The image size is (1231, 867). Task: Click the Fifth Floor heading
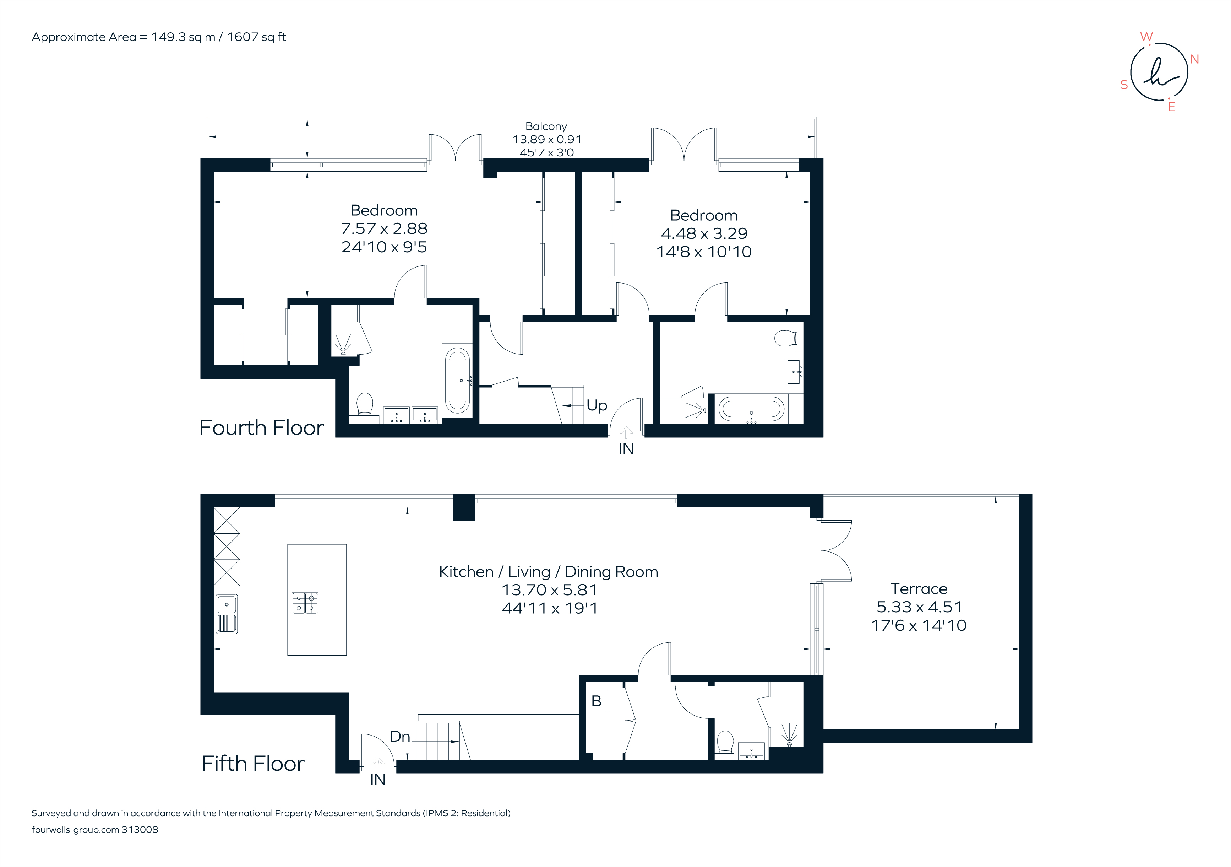(x=252, y=764)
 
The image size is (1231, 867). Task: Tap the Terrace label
(x=919, y=588)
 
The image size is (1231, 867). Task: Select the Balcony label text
(x=546, y=126)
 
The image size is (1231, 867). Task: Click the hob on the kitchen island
(x=305, y=603)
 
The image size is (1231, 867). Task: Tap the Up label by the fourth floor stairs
(x=596, y=405)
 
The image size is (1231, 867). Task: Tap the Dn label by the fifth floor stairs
(x=399, y=737)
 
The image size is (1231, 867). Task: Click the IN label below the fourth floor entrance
(x=626, y=449)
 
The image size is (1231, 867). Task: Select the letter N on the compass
(x=1194, y=60)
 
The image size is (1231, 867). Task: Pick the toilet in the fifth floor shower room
(x=725, y=742)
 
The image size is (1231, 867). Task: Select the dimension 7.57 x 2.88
(x=384, y=228)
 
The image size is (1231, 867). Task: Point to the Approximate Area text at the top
(x=159, y=37)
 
